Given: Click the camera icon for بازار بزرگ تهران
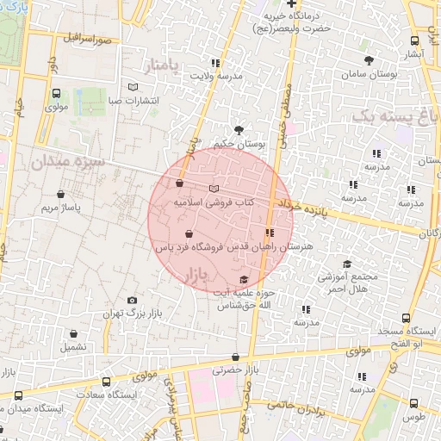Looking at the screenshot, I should coord(132,300).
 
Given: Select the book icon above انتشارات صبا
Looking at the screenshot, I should coord(132,87).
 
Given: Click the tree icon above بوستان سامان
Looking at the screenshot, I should coord(370,60).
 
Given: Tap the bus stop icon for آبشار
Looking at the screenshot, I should coord(415,40).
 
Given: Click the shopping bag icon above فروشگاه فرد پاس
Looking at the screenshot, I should coord(189,233).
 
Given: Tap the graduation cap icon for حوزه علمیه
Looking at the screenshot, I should coord(244,279).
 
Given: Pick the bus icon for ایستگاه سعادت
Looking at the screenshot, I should coord(105,382).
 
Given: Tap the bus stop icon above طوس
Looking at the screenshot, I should coord(414,402).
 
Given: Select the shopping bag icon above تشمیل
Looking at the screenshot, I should coord(73,333).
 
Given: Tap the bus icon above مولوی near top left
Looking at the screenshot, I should coord(57,94).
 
